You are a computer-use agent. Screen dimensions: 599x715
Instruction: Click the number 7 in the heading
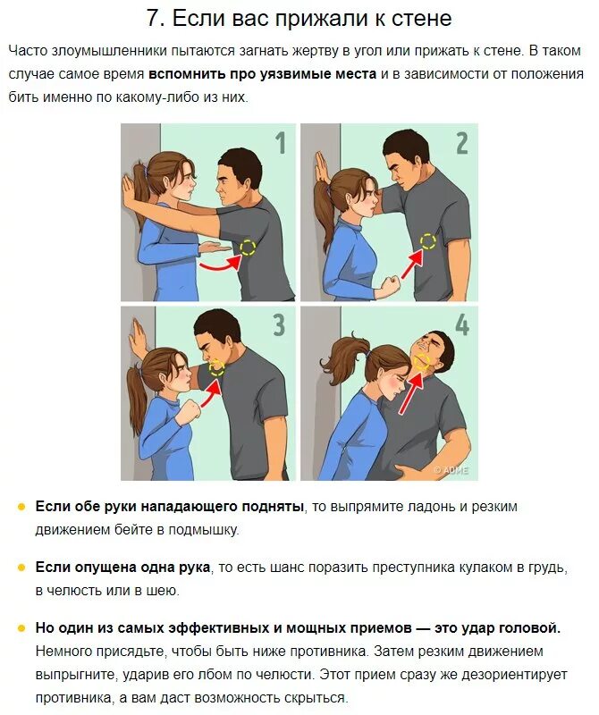coord(154,19)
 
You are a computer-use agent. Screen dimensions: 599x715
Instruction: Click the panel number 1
coord(281,143)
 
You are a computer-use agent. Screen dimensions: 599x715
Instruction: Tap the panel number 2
coord(461,143)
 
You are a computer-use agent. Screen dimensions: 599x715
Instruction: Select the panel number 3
coord(279,324)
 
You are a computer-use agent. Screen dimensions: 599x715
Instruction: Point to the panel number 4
coord(461,324)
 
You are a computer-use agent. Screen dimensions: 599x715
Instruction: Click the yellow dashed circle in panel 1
coord(248,248)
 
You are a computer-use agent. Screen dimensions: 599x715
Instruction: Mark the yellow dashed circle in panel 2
coord(428,241)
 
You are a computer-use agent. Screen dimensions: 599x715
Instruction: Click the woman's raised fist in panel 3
coord(191,408)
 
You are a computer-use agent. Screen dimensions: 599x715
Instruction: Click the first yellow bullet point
coord(21,507)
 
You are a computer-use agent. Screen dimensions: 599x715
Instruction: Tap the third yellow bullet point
coord(21,628)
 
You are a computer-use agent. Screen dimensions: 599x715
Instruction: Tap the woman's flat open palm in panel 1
coord(215,248)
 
